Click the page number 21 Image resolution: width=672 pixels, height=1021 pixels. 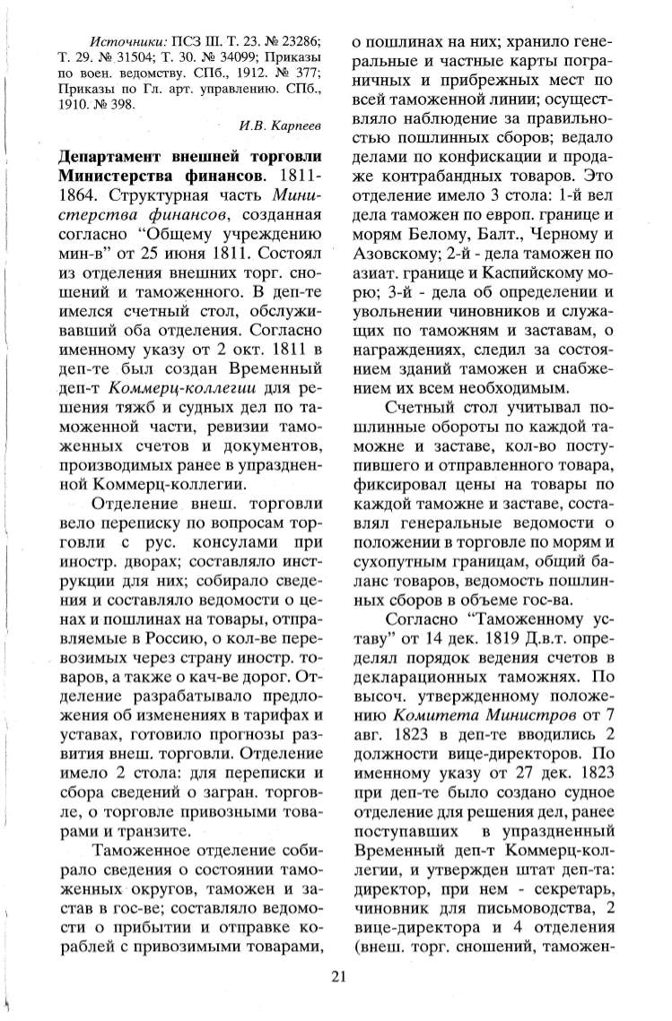(x=336, y=976)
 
